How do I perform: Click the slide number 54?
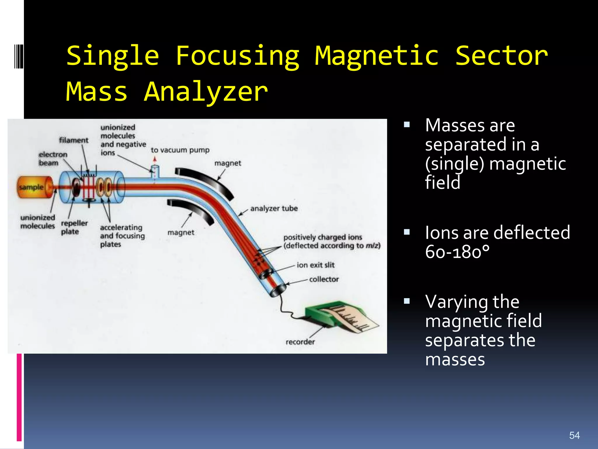(574, 435)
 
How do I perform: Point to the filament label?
(74, 140)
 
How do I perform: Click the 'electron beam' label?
(53, 158)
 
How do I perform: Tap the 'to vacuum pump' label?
(180, 150)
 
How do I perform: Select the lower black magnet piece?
(191, 211)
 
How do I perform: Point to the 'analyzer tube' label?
(274, 208)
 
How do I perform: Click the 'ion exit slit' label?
(315, 265)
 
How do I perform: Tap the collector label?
(324, 279)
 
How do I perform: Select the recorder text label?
(300, 342)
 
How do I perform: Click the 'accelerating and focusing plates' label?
(122, 236)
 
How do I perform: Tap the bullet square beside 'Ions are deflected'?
(407, 232)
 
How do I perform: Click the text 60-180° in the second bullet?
(457, 252)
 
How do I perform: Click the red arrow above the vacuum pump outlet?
(155, 159)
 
